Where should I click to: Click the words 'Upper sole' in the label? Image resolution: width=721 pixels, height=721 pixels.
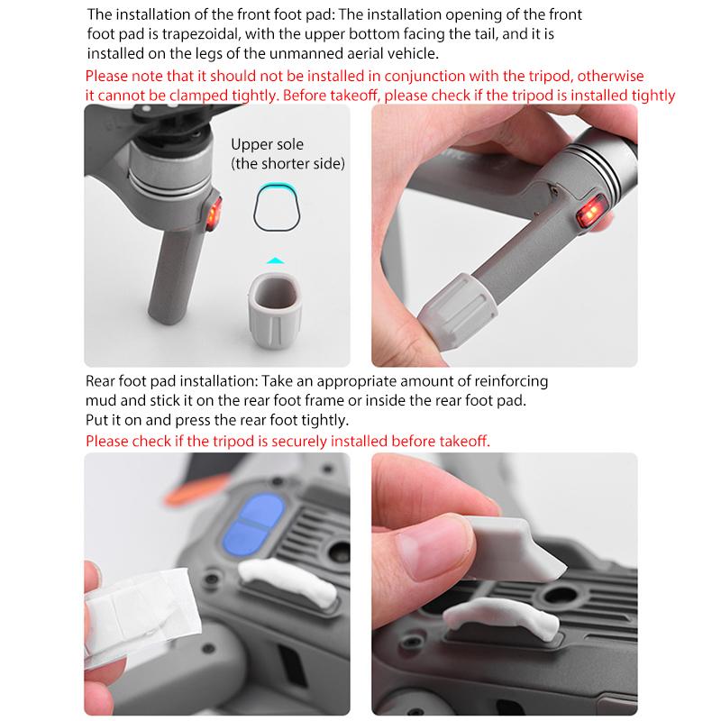pyautogui.click(x=267, y=144)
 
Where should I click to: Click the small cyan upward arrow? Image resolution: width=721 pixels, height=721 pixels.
pyautogui.click(x=276, y=260)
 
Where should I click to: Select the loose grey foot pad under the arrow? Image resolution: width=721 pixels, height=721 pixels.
pyautogui.click(x=275, y=310)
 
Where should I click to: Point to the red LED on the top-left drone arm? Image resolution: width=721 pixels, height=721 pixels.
pyautogui.click(x=214, y=213)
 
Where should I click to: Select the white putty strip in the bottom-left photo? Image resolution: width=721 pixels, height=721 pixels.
pyautogui.click(x=287, y=580)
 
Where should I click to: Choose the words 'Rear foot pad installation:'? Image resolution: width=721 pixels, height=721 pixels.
pyautogui.click(x=172, y=381)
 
